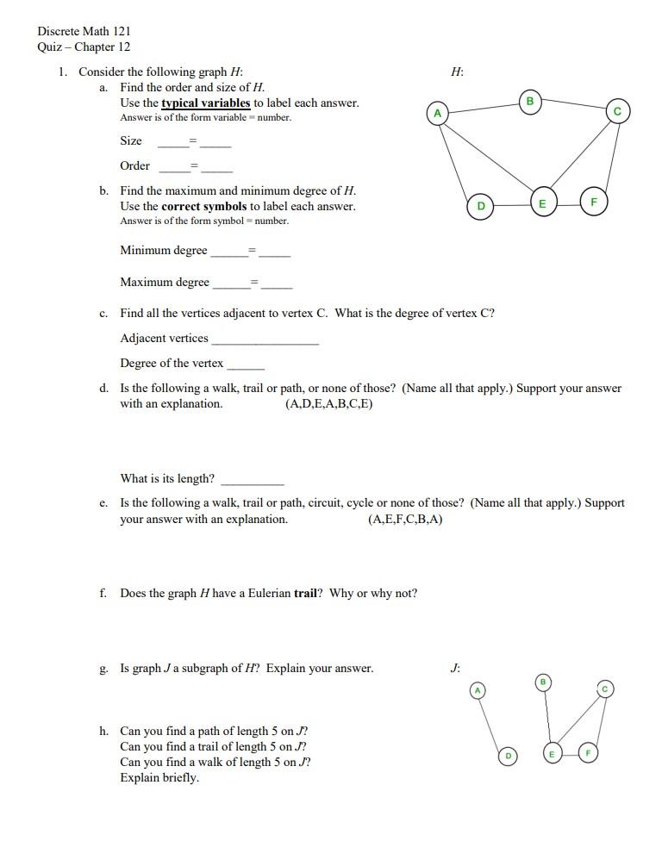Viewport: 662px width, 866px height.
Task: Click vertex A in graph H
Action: coord(438,113)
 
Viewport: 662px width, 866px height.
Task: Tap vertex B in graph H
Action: coord(530,101)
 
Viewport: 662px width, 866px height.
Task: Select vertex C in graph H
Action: coord(617,111)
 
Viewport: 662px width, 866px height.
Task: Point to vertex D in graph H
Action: coord(481,206)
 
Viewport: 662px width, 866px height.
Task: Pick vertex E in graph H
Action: coord(542,203)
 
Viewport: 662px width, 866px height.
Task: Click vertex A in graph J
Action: coord(478,690)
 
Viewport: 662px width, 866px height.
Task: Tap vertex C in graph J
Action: coord(605,688)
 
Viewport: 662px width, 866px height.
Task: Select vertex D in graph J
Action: coord(509,756)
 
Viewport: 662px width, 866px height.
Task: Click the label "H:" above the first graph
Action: coord(457,72)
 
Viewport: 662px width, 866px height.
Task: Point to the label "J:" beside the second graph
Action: coord(455,668)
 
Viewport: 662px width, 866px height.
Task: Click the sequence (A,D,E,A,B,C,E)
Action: coord(328,404)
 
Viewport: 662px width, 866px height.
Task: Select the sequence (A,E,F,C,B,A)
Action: coord(405,520)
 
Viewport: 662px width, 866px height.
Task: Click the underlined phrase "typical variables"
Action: coord(206,103)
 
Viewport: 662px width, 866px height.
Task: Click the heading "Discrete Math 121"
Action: coord(84,31)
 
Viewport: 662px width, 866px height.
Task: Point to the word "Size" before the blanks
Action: coord(131,140)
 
